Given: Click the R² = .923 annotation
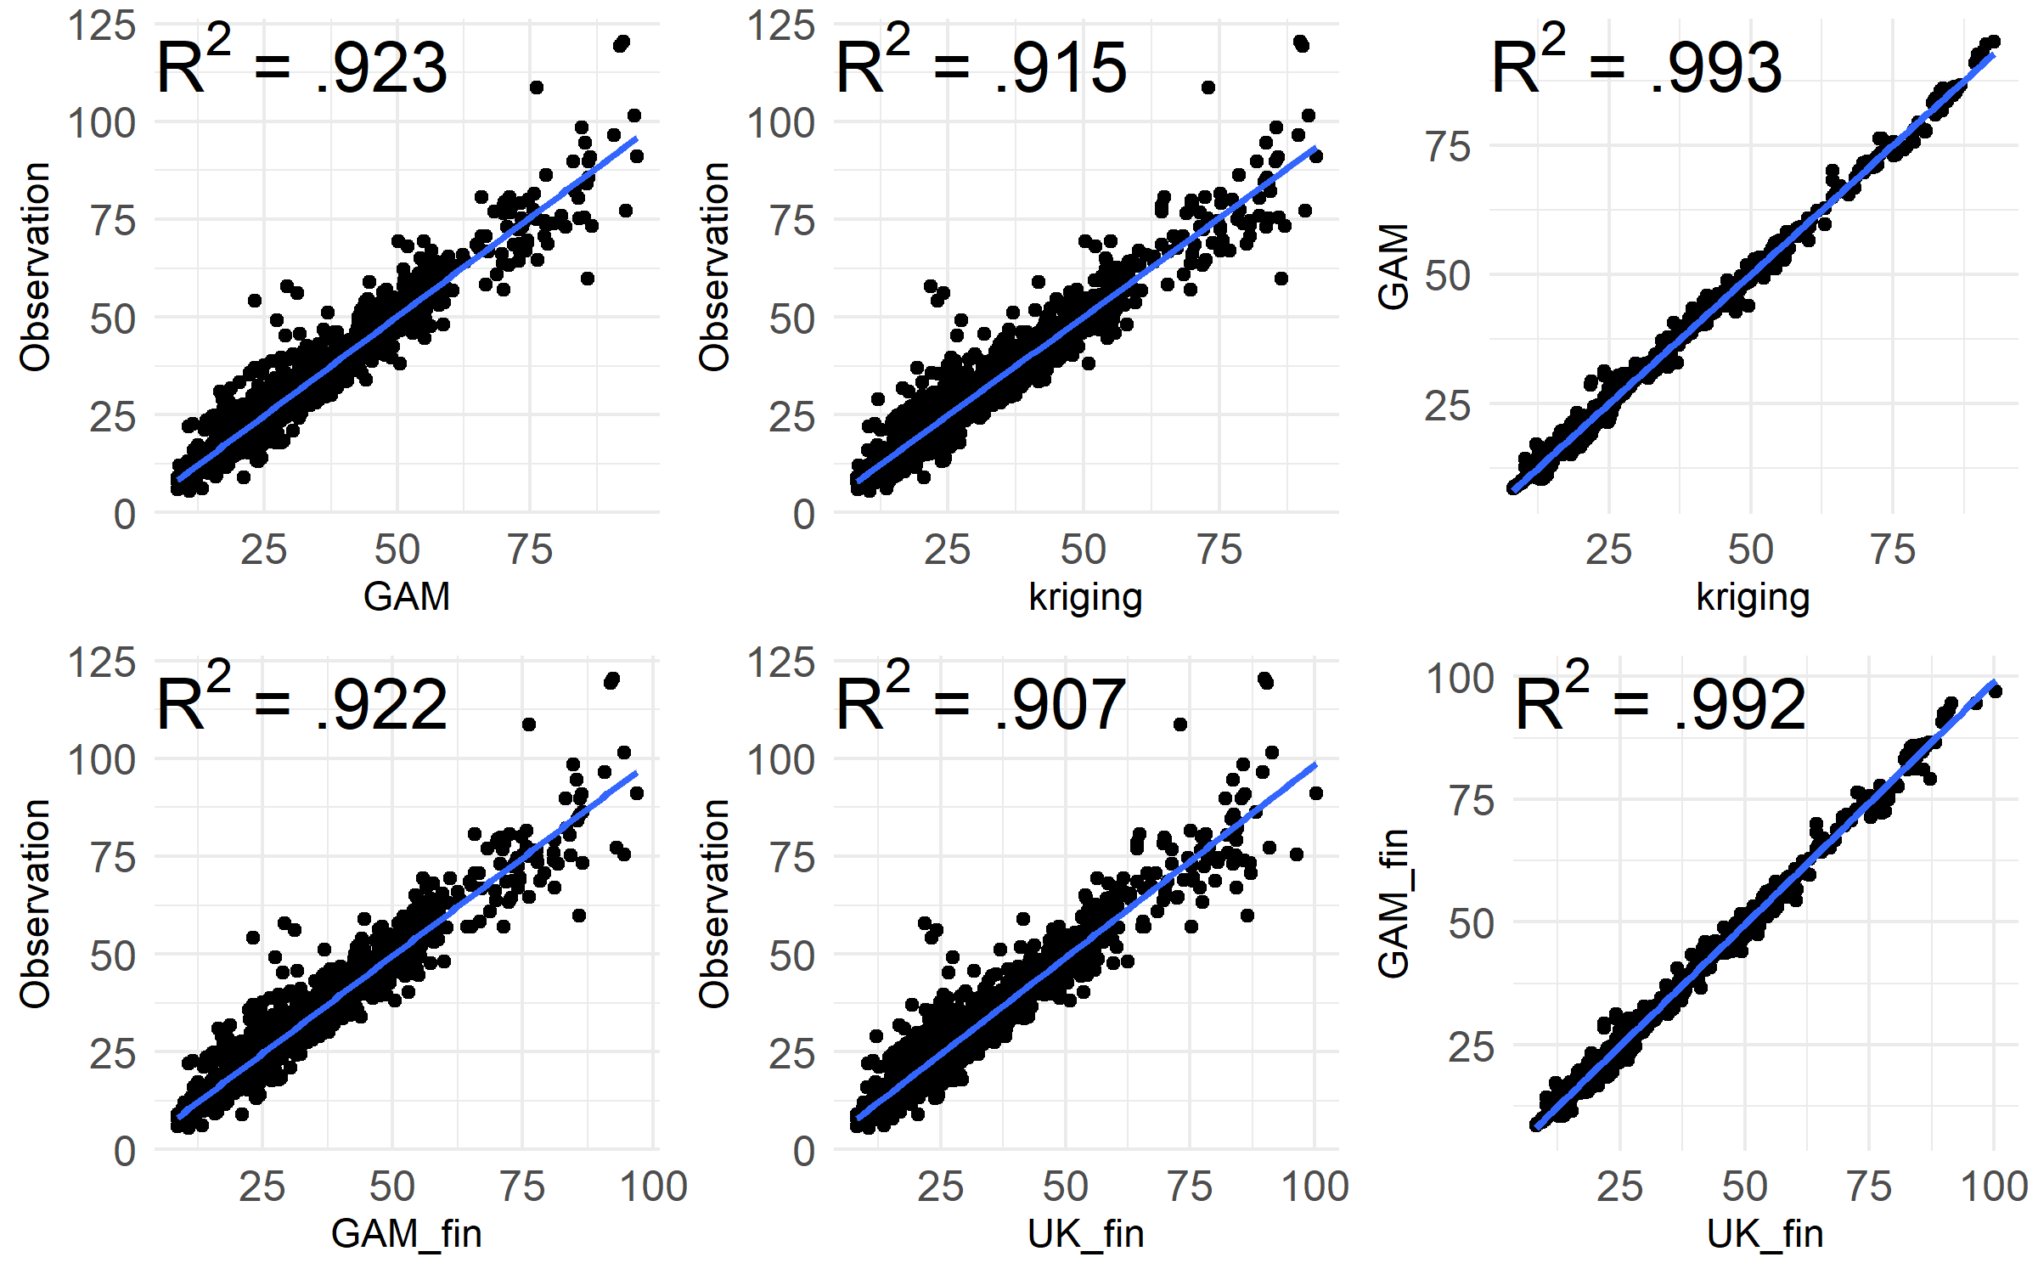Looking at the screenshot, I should pos(301,66).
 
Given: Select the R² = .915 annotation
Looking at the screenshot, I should pos(981,66).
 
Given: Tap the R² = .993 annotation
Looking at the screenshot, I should pos(1636,66).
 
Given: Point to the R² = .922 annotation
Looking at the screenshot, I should pos(301,703).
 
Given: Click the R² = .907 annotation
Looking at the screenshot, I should pos(981,703).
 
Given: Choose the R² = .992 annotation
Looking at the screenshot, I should pos(1660,703).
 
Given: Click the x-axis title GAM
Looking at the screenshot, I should pos(407,596).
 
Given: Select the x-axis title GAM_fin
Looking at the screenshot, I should pos(407,1233).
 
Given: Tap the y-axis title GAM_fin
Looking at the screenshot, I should pos(1393,903).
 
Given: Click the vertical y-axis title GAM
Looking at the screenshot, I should pos(1393,267).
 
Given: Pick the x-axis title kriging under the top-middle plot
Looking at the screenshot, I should pos(1085,596).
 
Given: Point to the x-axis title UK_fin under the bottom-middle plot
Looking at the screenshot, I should pos(1085,1233).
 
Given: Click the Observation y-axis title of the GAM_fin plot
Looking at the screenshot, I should pos(35,904).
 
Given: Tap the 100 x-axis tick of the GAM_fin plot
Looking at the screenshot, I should pos(653,1187).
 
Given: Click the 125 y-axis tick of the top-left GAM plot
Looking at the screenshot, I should pos(101,25).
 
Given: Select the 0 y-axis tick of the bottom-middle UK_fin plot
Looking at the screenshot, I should pos(803,1152).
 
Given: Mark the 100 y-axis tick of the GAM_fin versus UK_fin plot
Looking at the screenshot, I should pos(1460,679).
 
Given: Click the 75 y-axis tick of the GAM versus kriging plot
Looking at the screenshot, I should pos(1448,147).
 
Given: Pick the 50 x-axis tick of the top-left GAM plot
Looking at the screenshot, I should pos(397,550).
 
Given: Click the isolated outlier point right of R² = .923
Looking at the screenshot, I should pos(536,87).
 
